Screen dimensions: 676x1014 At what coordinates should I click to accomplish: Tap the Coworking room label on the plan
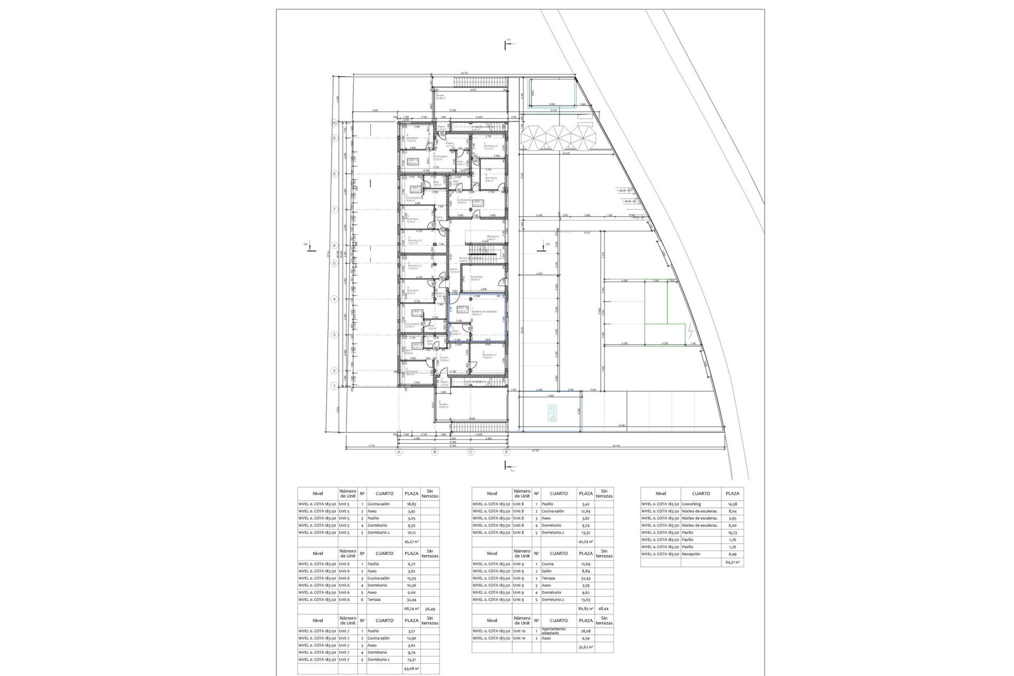click(x=476, y=278)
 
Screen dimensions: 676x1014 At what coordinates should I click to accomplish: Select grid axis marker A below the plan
click(x=399, y=452)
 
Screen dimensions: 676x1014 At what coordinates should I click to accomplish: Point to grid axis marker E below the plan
click(x=506, y=452)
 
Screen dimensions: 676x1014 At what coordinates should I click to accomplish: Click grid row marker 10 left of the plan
click(x=334, y=123)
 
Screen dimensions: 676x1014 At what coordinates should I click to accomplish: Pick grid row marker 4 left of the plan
click(x=334, y=299)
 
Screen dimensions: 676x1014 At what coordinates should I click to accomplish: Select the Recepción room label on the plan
click(x=493, y=237)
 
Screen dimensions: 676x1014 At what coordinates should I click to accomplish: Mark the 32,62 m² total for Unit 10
click(x=586, y=647)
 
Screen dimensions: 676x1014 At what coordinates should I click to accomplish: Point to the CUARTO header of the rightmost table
click(x=701, y=493)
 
